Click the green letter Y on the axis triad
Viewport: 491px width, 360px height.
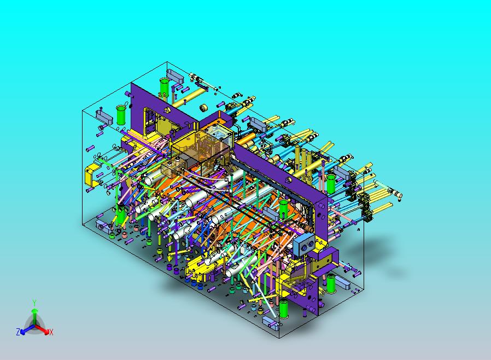click(34, 303)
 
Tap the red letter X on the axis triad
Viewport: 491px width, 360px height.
click(51, 332)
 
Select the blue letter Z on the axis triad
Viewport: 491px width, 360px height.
click(18, 332)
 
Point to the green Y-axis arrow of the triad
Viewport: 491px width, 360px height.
click(34, 317)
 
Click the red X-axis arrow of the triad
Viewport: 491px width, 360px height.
click(42, 329)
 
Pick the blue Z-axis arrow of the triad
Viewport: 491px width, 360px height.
click(27, 329)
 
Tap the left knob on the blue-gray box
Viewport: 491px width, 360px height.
click(305, 247)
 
